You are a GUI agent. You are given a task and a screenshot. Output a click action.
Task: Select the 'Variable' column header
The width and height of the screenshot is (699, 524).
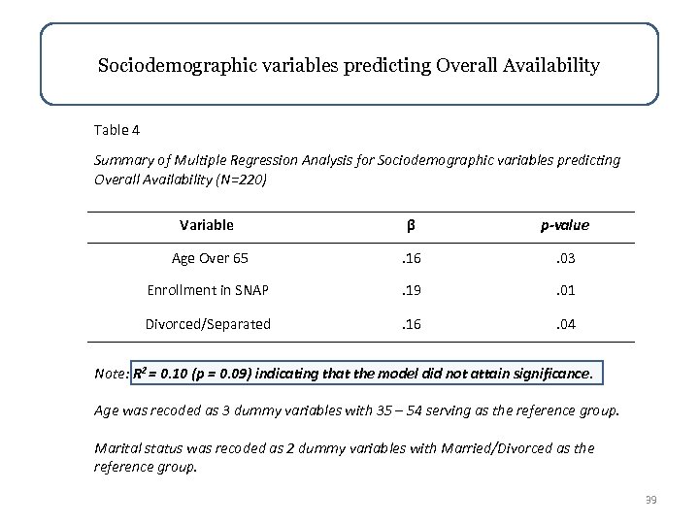tap(207, 225)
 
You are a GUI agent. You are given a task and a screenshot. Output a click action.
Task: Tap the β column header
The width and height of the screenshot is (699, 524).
tap(411, 226)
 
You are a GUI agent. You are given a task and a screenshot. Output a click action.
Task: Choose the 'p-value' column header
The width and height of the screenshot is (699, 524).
tap(565, 226)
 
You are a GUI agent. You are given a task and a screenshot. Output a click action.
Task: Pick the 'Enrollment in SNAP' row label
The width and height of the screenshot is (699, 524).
tap(208, 291)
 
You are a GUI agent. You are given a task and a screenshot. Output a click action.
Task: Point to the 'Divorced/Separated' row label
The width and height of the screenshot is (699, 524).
tap(208, 324)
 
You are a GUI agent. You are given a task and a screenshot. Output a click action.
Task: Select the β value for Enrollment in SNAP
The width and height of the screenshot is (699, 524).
tap(411, 291)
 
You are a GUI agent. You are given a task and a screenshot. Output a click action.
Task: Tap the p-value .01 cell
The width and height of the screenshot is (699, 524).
tap(565, 291)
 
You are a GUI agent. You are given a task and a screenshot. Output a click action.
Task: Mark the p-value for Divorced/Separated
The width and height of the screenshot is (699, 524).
tap(565, 324)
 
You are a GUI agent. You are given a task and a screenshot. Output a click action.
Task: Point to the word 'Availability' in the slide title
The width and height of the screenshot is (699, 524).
tap(545, 67)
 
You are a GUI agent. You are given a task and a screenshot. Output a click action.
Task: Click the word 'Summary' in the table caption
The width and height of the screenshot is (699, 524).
tap(121, 159)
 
